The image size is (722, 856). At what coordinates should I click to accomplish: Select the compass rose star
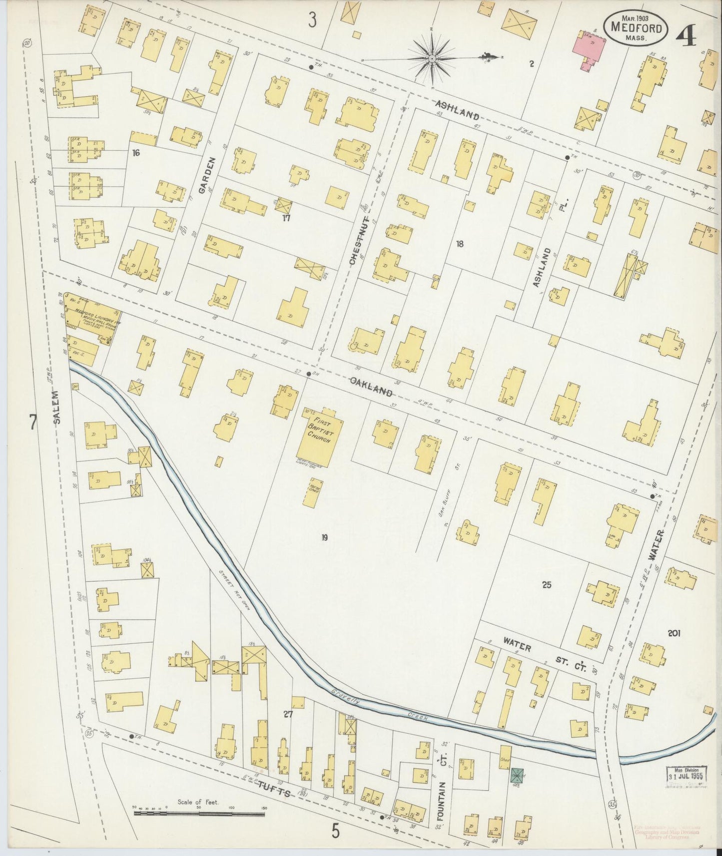coord(431,59)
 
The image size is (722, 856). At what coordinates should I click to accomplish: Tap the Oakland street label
coord(370,387)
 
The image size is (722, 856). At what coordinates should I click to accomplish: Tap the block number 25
coord(547,584)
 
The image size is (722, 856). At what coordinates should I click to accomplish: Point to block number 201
coord(674,633)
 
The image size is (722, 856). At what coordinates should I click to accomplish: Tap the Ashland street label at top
coord(457,110)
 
